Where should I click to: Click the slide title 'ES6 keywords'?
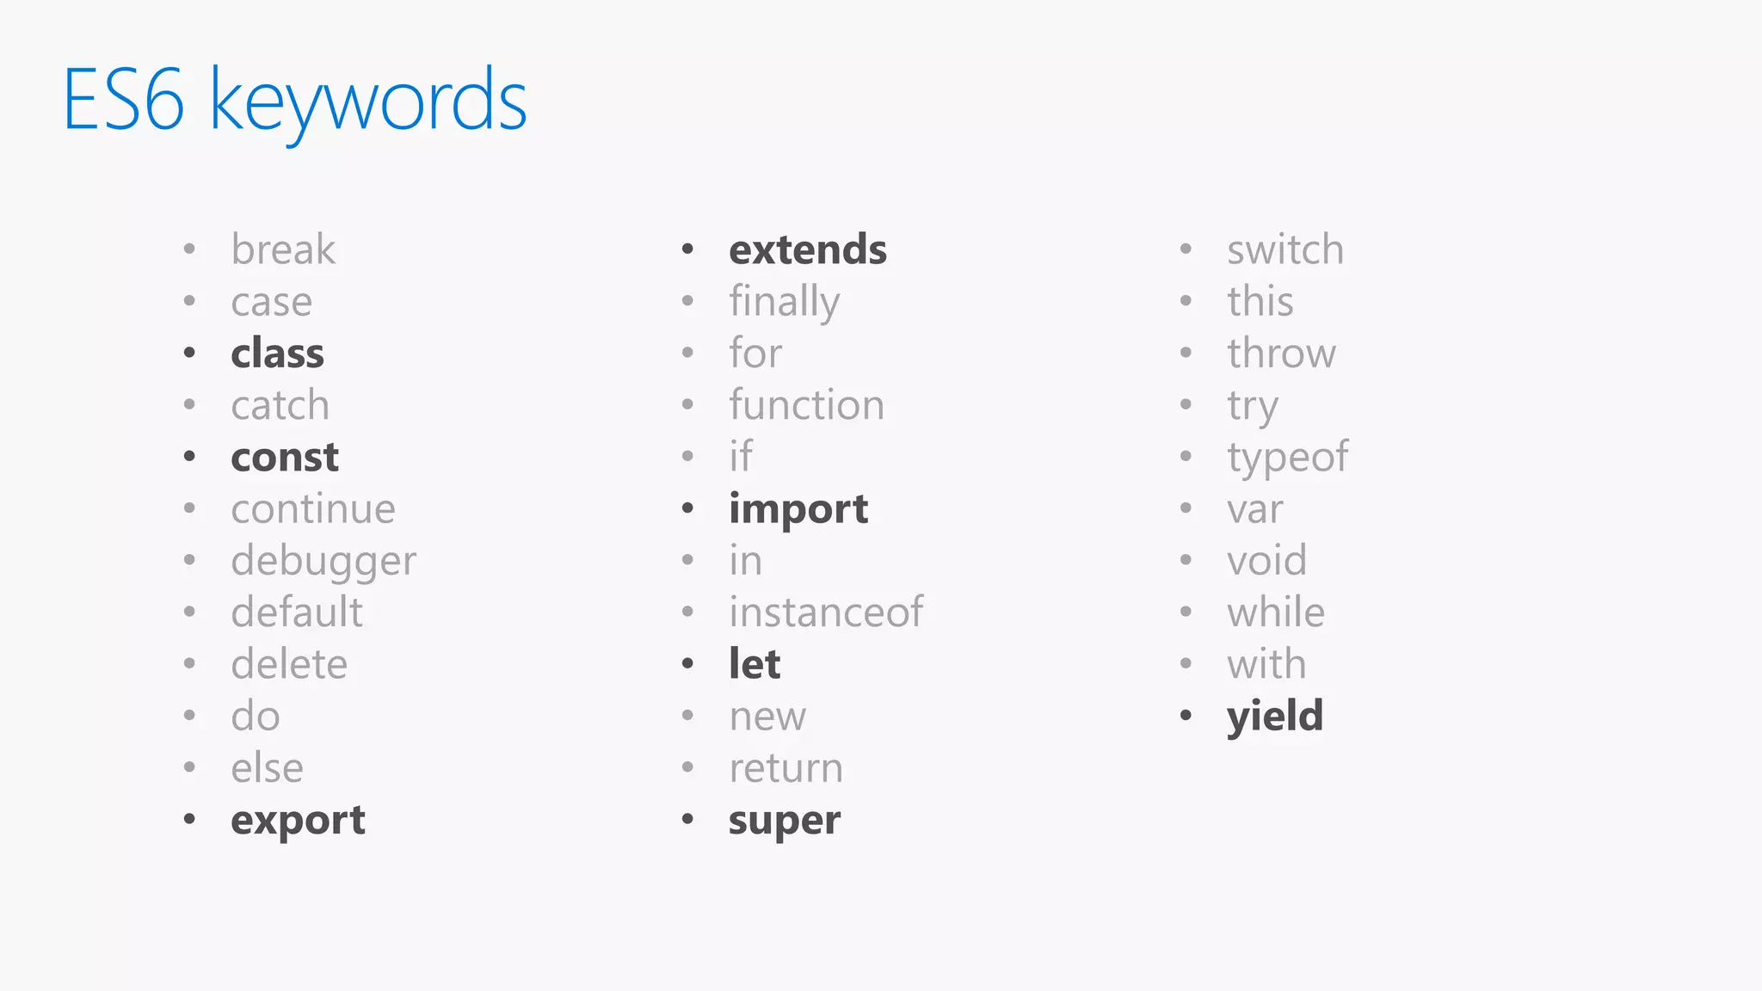[x=294, y=102]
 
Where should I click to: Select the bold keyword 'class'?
[x=277, y=354]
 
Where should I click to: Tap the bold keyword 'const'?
[x=285, y=457]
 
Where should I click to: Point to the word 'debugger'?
[x=323, y=562]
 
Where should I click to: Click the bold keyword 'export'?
[x=298, y=821]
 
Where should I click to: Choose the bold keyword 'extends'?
[x=808, y=250]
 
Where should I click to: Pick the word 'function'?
[x=806, y=405]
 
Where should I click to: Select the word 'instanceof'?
[x=826, y=612]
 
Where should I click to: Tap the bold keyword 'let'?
[x=755, y=664]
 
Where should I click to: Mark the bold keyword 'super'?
[x=784, y=821]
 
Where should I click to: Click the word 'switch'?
[x=1285, y=250]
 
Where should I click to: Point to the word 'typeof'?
[x=1287, y=458]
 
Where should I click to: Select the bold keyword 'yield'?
[x=1275, y=717]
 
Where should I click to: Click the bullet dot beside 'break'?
[x=189, y=249]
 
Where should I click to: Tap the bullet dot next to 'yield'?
[x=1186, y=716]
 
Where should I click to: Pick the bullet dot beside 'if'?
[x=687, y=456]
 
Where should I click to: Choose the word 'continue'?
[x=313, y=509]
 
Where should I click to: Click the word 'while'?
[x=1276, y=612]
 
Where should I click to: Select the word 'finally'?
[x=784, y=303]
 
